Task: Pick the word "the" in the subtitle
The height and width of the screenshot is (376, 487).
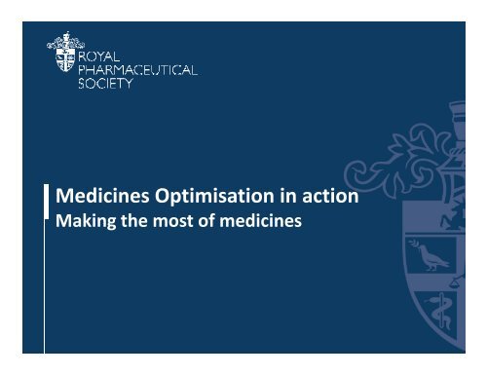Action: tap(132, 221)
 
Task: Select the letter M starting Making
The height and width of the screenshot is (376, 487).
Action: tap(59, 221)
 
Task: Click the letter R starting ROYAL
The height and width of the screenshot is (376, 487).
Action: tap(81, 44)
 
